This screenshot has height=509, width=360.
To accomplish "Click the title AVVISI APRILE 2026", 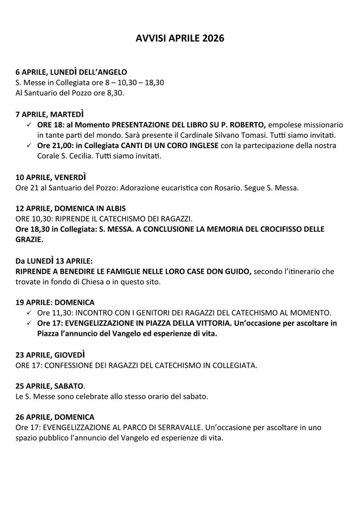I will click(180, 38).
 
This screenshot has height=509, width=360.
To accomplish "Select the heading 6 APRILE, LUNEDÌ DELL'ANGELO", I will click(71, 72).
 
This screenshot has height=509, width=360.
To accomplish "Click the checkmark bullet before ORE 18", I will click(29, 124).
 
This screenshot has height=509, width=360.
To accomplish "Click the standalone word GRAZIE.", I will click(29, 239).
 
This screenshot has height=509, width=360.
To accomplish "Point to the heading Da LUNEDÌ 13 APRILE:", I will click(54, 261).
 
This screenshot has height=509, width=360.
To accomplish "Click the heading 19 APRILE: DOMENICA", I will click(55, 302).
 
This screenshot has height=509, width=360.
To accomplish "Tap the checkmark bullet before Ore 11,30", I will click(29, 313).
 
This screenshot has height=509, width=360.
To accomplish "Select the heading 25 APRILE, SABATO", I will click(49, 386).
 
